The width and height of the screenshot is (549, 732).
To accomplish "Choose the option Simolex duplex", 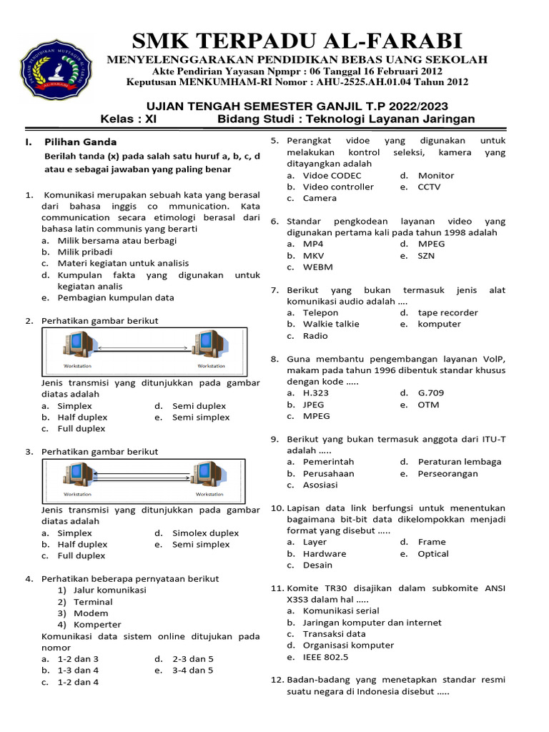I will [205, 533].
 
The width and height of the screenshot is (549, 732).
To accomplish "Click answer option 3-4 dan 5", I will [192, 670].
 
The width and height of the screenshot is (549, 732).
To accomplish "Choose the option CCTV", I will [429, 187].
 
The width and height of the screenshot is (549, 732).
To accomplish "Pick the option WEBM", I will [317, 267].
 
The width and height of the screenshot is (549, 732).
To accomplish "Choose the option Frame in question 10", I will [431, 542].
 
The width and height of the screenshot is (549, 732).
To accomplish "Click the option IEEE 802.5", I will [325, 656].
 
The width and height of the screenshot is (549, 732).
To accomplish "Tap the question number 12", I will [277, 679].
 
